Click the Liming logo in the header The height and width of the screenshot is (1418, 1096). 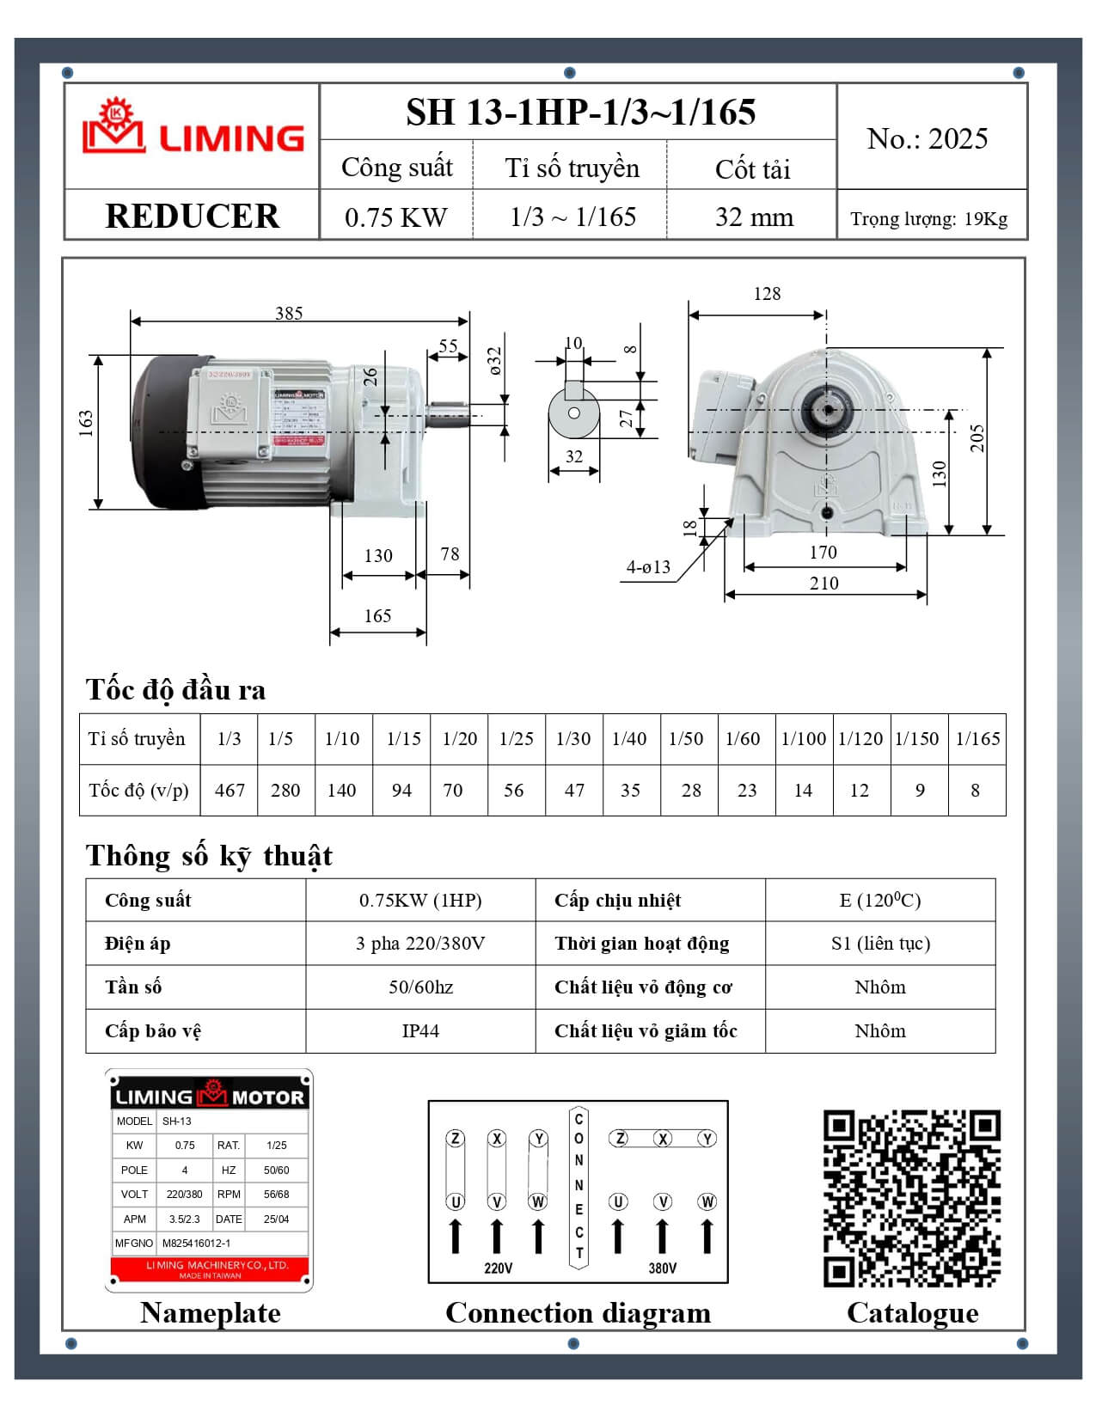click(193, 131)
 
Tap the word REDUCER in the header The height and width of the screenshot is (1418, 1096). click(192, 216)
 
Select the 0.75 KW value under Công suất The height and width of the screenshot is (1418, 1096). click(395, 217)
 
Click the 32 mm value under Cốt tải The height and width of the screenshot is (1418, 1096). click(754, 217)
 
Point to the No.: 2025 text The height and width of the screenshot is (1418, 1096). click(927, 138)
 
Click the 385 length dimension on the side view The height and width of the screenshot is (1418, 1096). click(289, 313)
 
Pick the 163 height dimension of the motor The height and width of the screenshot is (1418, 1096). click(86, 424)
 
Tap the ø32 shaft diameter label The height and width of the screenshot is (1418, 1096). click(493, 362)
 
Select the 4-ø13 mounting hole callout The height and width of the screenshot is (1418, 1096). click(648, 567)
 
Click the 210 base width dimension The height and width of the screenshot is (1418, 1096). click(824, 583)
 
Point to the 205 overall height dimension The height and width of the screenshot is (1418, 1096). click(977, 438)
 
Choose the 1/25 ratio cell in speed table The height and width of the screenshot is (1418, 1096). click(516, 738)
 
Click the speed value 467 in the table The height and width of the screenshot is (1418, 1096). click(230, 790)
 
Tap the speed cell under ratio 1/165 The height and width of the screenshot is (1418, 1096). click(975, 790)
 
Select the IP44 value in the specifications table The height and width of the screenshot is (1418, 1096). click(420, 1030)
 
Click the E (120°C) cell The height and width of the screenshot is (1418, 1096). click(879, 900)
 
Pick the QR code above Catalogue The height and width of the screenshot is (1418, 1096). click(912, 1198)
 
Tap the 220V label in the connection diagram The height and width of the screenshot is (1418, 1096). click(498, 1268)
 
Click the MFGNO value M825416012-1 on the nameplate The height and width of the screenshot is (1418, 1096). click(196, 1243)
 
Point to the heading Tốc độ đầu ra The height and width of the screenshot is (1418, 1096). click(175, 689)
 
